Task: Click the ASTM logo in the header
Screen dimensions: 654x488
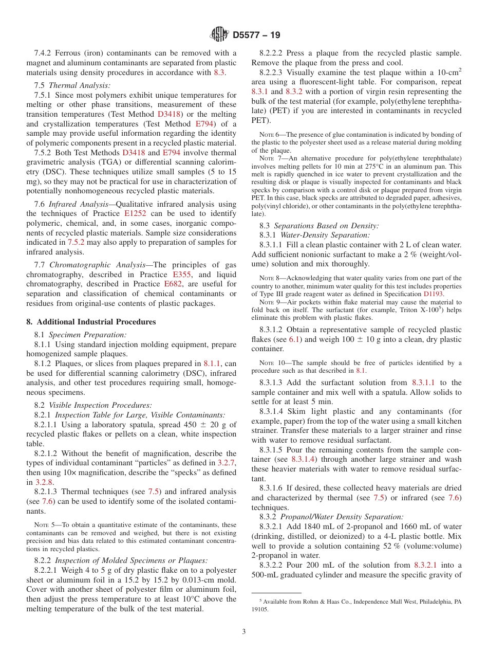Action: point(219,34)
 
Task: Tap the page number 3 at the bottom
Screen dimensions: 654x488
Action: point(244,631)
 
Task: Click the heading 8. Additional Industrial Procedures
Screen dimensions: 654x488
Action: point(91,322)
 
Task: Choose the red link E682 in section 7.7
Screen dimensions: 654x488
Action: point(173,284)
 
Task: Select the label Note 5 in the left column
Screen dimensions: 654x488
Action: point(44,525)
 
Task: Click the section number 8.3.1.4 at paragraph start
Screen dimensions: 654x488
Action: point(275,412)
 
